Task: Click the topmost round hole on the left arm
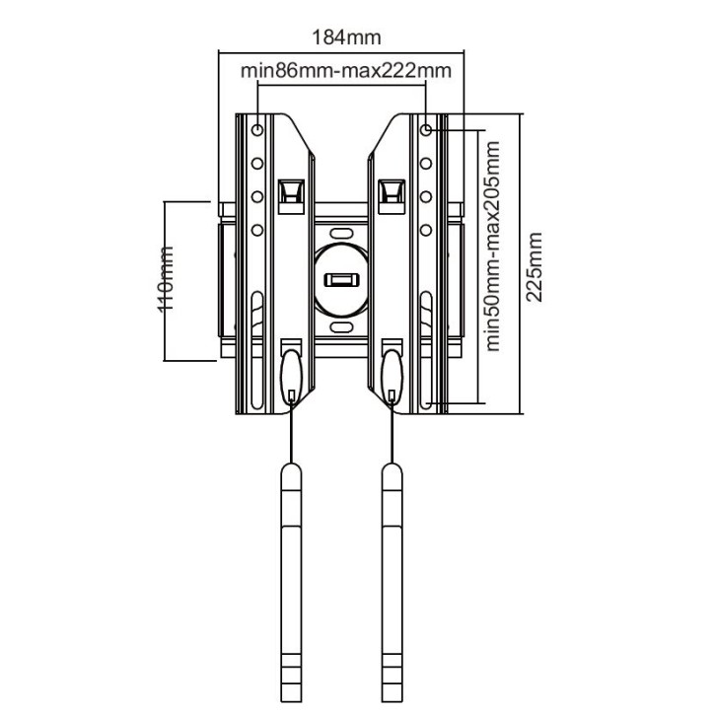click(257, 129)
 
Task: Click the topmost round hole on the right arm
click(426, 129)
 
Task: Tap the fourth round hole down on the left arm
click(257, 231)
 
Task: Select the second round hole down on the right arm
click(426, 164)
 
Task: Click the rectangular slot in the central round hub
click(341, 279)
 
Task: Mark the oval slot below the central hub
click(341, 324)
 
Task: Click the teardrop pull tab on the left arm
click(292, 376)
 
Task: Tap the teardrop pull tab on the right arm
click(392, 376)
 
